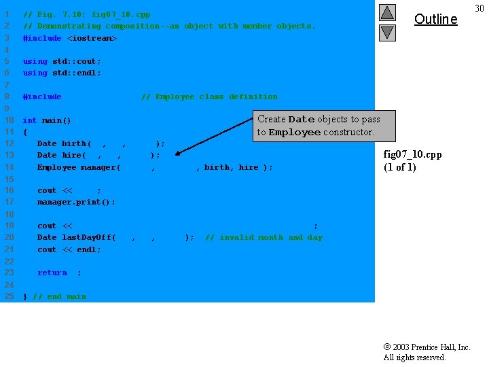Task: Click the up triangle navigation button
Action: coord(386,12)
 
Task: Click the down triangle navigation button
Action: coord(386,32)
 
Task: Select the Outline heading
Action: coord(435,19)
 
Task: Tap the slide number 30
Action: coord(479,7)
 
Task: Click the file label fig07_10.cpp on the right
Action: coord(412,154)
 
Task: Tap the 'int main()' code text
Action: coord(47,120)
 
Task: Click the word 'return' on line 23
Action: coord(52,273)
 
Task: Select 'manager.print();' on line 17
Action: coord(76,202)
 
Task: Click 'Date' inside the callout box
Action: coord(302,120)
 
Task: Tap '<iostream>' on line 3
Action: coord(92,38)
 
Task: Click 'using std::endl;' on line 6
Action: coord(62,73)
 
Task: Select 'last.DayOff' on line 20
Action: coord(88,237)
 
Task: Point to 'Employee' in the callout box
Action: coord(295,133)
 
